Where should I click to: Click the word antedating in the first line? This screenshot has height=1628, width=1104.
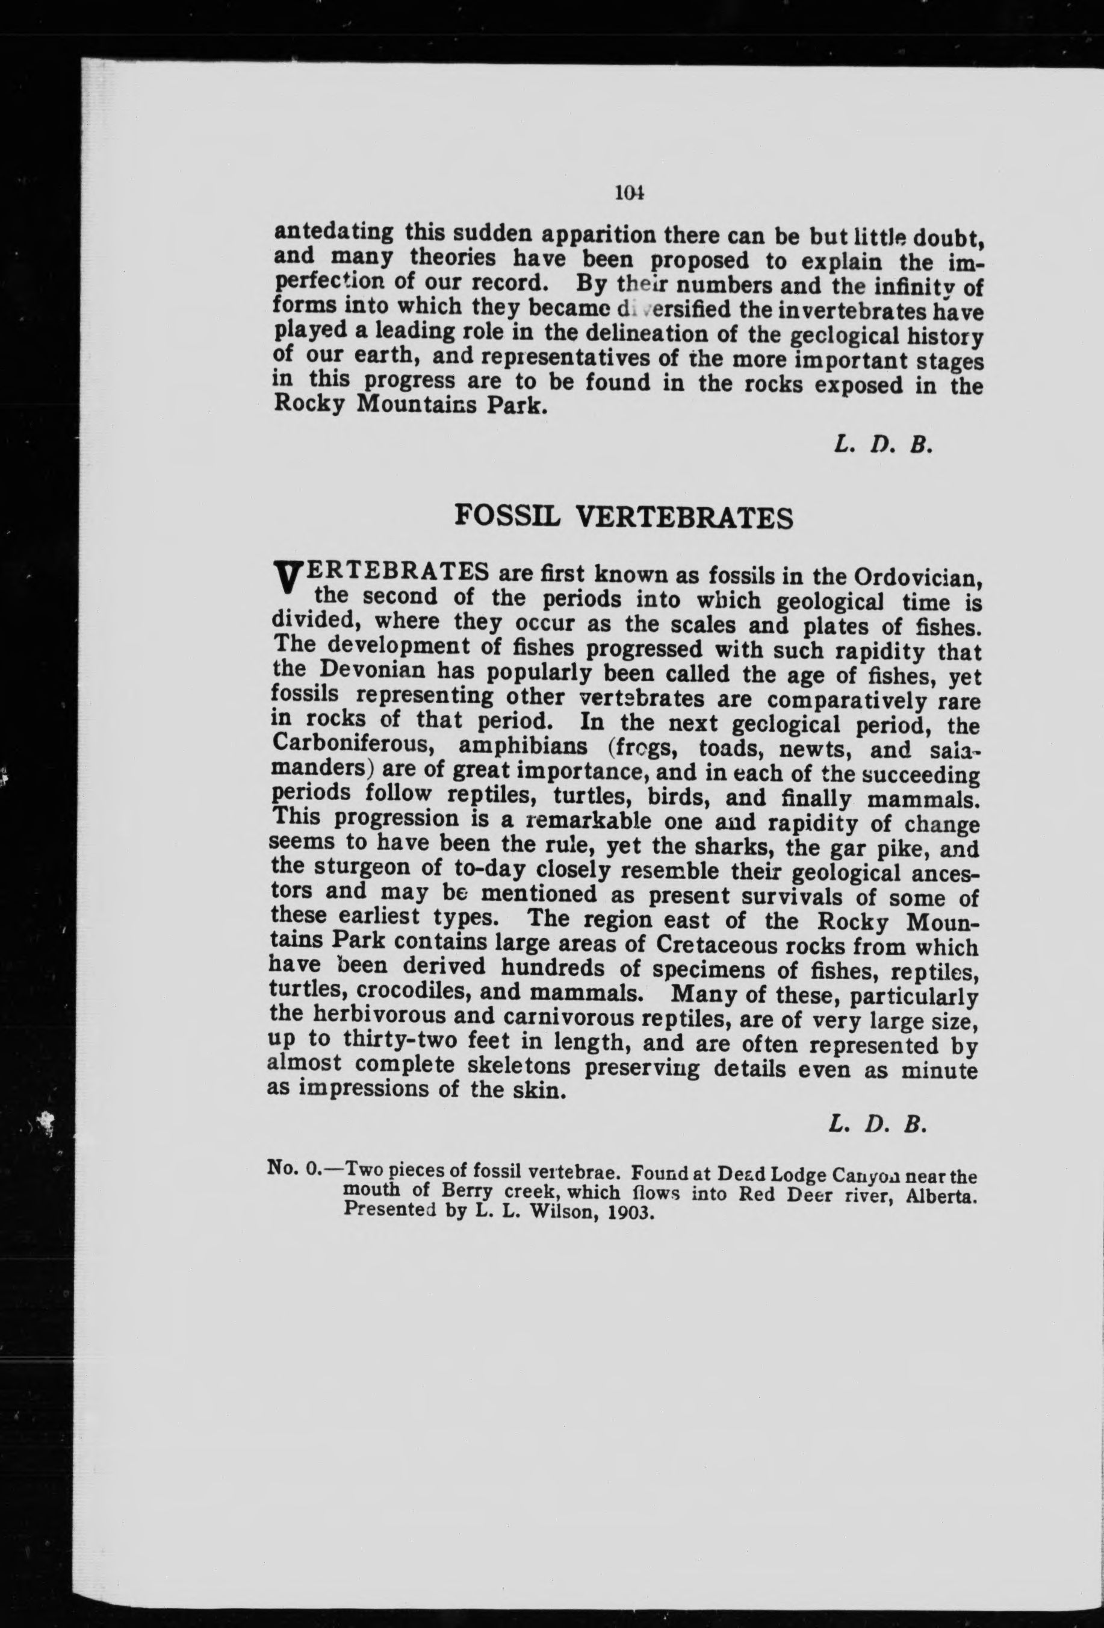pos(332,231)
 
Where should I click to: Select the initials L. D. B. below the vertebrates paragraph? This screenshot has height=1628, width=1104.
pos(878,1124)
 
